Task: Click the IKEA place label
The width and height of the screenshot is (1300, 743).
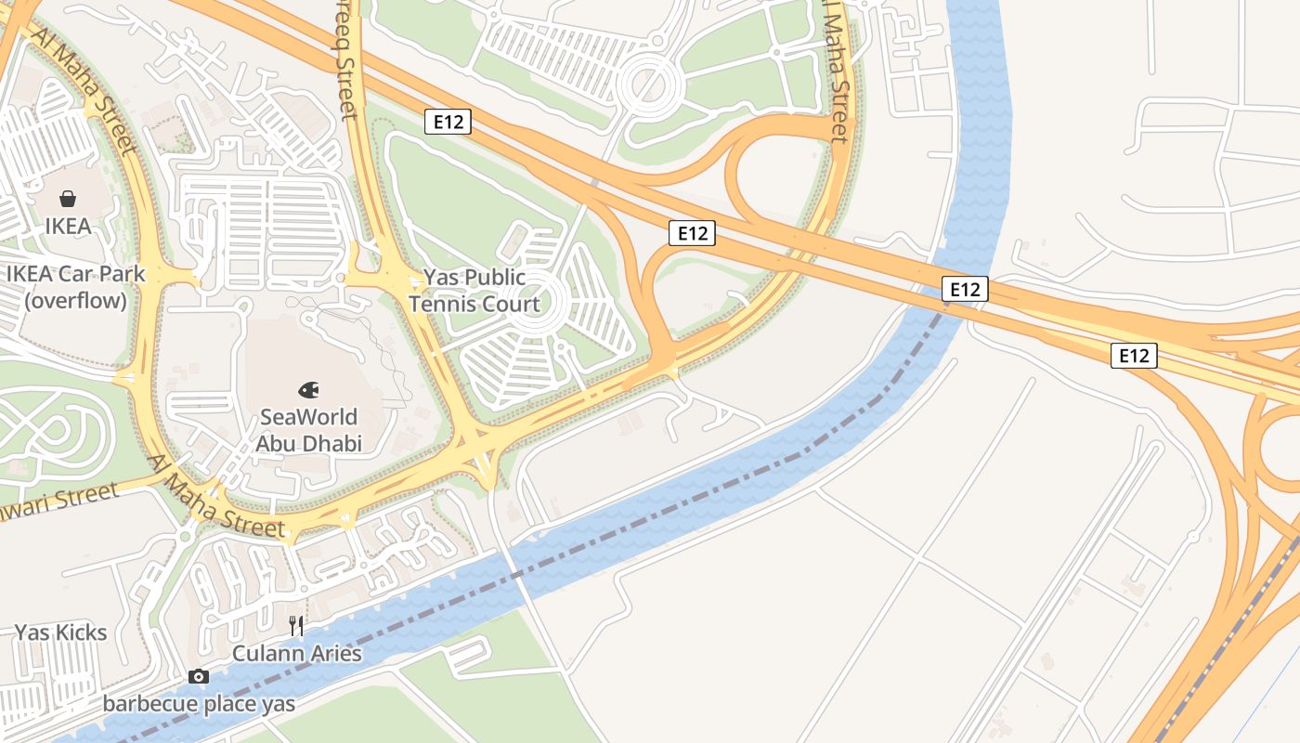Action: [x=68, y=226]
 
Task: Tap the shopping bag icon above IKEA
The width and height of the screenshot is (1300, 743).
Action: [x=68, y=199]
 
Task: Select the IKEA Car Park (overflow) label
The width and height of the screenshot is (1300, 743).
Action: [x=76, y=287]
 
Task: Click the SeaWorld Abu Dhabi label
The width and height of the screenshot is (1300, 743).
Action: [x=308, y=430]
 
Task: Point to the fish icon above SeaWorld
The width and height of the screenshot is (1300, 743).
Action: [x=308, y=390]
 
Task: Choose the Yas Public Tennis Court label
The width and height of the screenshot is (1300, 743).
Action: [x=474, y=291]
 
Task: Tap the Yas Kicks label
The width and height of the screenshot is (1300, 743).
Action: [x=60, y=632]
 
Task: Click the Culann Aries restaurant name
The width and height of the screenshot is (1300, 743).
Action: [x=296, y=653]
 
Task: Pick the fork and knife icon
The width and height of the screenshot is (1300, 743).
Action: [x=296, y=625]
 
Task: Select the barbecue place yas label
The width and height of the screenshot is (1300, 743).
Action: [x=199, y=703]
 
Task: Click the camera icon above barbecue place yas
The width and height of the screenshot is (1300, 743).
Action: [x=199, y=676]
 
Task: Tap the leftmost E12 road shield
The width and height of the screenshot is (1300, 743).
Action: [x=448, y=121]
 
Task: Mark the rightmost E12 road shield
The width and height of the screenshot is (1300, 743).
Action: [x=1134, y=355]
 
